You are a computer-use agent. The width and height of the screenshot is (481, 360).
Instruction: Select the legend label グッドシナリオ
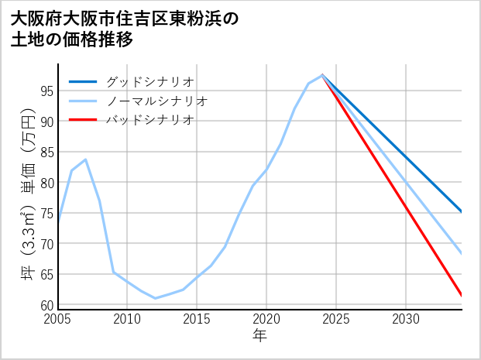149,81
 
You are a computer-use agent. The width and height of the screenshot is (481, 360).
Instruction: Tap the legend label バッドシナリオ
149,120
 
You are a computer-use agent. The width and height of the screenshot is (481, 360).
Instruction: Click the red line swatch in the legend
84,120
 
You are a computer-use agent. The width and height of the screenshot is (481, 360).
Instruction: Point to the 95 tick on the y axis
46,91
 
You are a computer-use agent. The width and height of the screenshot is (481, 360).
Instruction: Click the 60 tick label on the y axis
46,305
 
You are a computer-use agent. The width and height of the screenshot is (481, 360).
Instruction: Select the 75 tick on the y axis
46,213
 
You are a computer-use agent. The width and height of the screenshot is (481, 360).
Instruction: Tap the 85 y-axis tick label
46,152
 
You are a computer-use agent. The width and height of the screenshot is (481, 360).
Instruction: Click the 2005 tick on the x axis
58,319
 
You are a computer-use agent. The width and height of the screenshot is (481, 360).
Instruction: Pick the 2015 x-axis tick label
197,319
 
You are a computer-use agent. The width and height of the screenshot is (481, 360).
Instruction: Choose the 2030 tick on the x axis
405,319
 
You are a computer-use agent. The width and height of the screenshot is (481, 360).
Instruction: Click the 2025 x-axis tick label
336,319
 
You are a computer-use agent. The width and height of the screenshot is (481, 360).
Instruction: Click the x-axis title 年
259,336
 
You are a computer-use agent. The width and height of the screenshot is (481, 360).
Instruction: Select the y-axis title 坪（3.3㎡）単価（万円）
28,198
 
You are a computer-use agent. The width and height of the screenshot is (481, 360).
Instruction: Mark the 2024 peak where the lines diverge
322,75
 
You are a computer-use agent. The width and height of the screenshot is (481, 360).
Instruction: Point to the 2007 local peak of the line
85,159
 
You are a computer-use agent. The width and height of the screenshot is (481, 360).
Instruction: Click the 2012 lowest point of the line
155,298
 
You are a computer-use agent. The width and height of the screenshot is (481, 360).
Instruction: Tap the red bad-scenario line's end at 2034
462,295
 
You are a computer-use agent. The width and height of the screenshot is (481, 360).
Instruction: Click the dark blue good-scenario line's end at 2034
462,212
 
